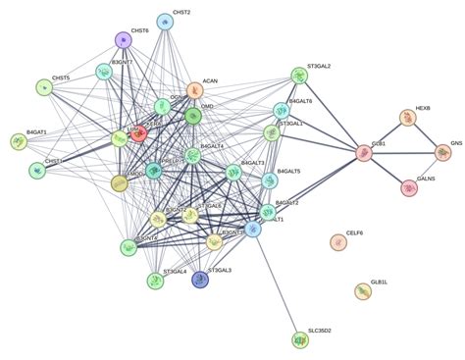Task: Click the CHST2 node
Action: [165, 21]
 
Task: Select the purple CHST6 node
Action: [123, 40]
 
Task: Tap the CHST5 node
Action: [43, 88]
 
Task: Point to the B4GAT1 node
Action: [19, 142]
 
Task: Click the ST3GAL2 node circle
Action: [299, 76]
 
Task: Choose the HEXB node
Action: [407, 118]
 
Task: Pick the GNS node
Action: [442, 152]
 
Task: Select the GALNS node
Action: [410, 187]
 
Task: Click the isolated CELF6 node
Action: [338, 241]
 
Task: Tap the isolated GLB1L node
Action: [364, 290]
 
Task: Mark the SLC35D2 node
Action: [300, 339]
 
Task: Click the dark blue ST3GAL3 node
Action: [200, 280]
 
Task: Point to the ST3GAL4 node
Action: [155, 282]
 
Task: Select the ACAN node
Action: [195, 90]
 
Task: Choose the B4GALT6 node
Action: [282, 110]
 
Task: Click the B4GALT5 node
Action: [270, 181]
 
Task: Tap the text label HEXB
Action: [423, 107]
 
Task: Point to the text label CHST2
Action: [181, 12]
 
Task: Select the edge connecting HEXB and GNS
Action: [425, 135]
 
